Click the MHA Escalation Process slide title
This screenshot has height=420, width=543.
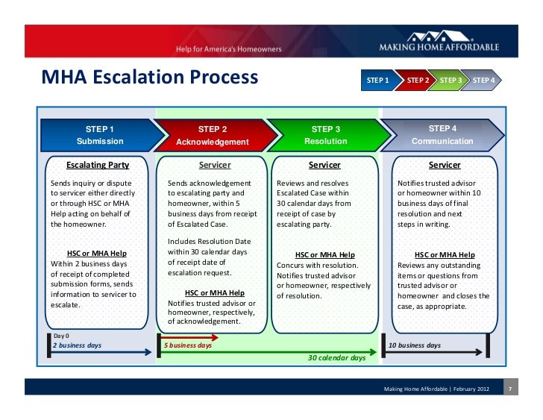[x=149, y=77]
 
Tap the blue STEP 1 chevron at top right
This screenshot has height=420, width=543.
[x=377, y=80]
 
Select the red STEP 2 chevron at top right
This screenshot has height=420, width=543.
[x=417, y=80]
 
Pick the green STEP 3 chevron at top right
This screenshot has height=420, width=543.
[x=450, y=80]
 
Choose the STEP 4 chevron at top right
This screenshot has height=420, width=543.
[x=483, y=80]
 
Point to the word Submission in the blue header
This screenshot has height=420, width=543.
[x=100, y=141]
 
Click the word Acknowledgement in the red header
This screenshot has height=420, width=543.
[x=212, y=142]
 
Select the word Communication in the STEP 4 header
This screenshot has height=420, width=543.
[x=442, y=141]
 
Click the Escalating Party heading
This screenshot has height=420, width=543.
[x=98, y=165]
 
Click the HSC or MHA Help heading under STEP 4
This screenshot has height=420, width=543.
[x=445, y=254]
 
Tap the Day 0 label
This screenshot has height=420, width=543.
[x=61, y=336]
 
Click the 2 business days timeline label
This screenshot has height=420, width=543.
[x=77, y=345]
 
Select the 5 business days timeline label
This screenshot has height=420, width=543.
[x=187, y=345]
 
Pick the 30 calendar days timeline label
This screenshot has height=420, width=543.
[x=337, y=358]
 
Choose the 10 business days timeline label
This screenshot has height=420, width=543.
[x=415, y=345]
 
